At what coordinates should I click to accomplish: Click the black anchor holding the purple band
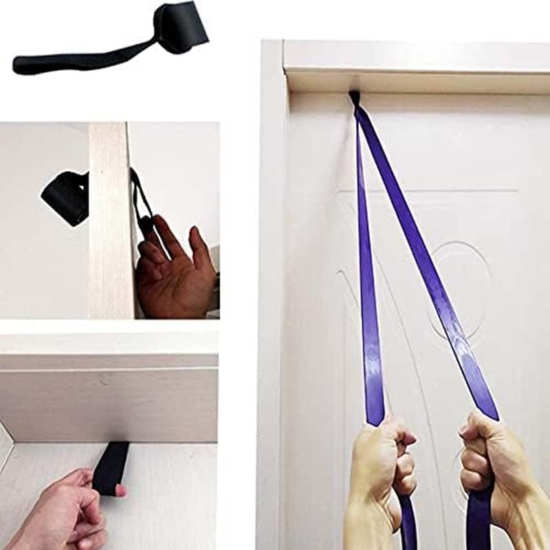pyautogui.click(x=355, y=98)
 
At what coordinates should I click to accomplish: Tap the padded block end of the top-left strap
pyautogui.click(x=180, y=26)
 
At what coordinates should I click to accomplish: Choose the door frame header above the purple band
pyautogui.click(x=412, y=65)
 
